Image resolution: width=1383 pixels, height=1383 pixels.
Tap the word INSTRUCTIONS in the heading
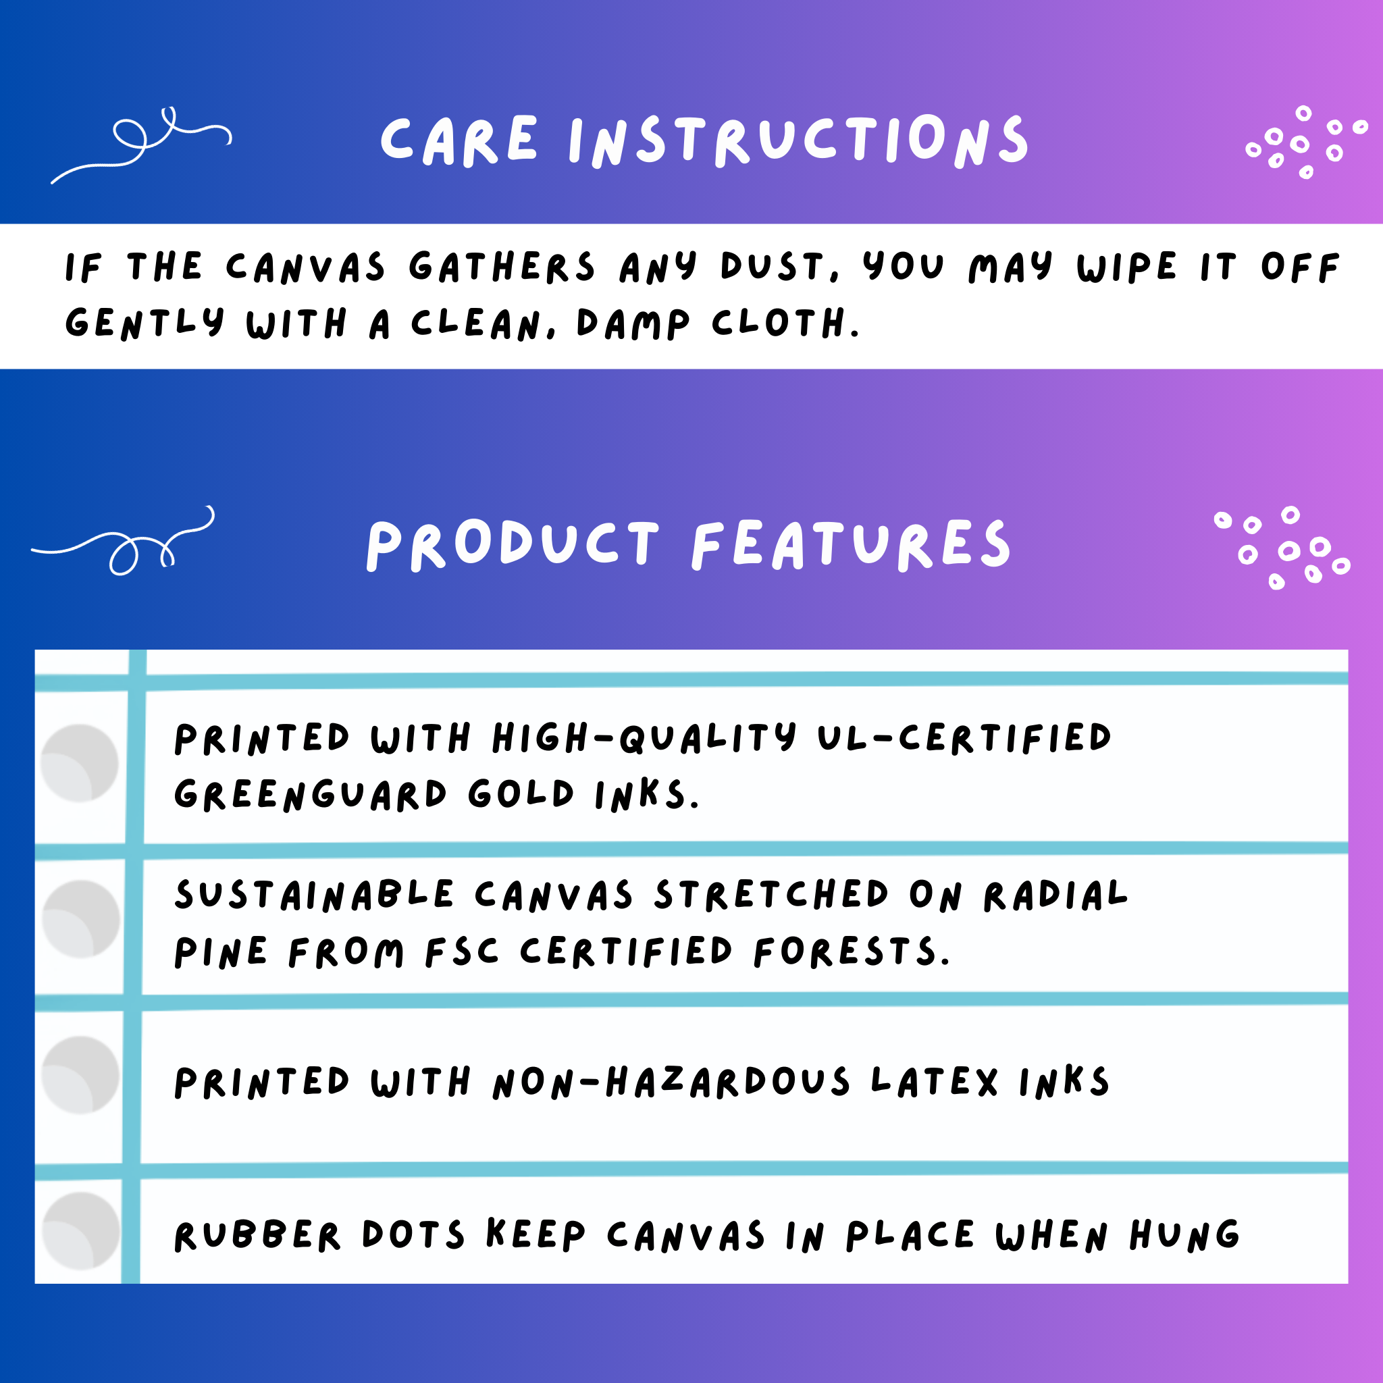(799, 141)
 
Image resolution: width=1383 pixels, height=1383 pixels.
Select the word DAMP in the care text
(633, 323)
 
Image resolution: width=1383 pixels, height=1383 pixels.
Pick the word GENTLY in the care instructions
(145, 323)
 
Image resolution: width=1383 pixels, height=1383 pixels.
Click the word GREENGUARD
(311, 795)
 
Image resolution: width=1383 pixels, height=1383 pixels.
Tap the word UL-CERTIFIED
(964, 738)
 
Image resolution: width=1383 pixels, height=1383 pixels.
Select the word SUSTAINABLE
(314, 895)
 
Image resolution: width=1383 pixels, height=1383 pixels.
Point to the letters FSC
(462, 952)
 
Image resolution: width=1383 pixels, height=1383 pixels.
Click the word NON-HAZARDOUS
(671, 1082)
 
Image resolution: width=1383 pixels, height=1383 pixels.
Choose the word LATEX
(934, 1082)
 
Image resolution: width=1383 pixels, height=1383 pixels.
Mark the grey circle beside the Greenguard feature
(80, 763)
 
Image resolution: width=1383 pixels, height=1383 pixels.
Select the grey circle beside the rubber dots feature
(81, 1230)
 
